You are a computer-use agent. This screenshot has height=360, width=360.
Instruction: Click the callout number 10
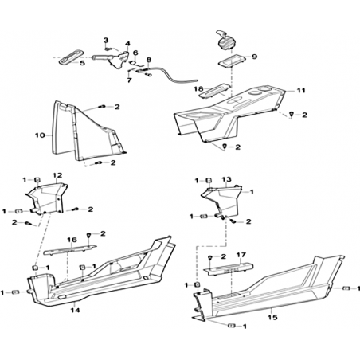40,135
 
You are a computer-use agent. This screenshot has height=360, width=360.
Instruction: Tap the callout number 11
301,91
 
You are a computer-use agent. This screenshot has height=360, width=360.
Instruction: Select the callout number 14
75,310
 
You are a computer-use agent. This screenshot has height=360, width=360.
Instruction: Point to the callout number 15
272,317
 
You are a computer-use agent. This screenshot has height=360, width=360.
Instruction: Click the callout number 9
254,57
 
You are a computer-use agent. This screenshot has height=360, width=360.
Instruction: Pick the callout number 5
82,63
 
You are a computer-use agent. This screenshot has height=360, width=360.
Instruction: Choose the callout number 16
72,240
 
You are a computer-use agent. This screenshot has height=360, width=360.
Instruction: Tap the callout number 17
241,255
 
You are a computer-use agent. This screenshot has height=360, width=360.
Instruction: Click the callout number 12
57,175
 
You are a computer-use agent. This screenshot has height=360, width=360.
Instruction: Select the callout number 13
226,179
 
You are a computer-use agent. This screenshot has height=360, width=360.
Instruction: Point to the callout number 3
106,41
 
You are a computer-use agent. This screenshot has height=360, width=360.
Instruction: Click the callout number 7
130,80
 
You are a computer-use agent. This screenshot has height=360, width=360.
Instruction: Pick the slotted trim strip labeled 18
213,91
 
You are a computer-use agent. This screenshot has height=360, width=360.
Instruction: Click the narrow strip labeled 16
69,249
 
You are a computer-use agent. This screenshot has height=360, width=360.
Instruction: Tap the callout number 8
148,60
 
